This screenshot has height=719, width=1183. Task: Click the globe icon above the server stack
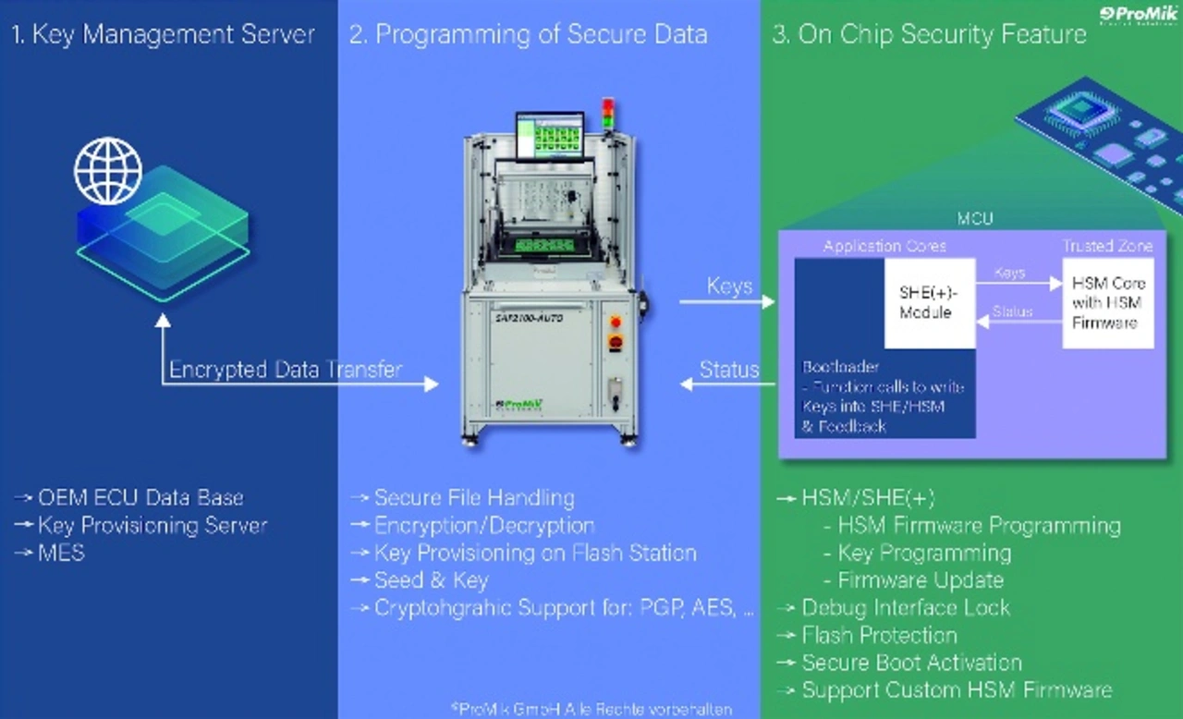(x=108, y=170)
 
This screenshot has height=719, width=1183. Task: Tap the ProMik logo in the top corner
(x=1139, y=15)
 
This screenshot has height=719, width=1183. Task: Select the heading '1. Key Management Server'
(x=163, y=35)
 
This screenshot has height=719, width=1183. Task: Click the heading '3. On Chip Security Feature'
(x=929, y=35)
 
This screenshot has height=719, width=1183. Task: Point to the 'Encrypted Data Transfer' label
(x=285, y=371)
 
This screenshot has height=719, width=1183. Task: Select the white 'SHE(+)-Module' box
(x=929, y=302)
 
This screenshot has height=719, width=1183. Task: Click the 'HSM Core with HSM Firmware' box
(x=1107, y=302)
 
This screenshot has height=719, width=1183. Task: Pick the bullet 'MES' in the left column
(x=61, y=553)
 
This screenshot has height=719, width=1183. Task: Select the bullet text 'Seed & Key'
(x=431, y=580)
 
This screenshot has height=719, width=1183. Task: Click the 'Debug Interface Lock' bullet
(x=905, y=608)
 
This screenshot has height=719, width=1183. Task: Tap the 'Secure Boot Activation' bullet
(x=911, y=663)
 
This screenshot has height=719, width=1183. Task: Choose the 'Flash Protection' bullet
(x=879, y=636)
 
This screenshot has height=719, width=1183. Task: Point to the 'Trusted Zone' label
(x=1106, y=246)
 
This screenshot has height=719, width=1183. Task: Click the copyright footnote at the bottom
(x=591, y=709)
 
